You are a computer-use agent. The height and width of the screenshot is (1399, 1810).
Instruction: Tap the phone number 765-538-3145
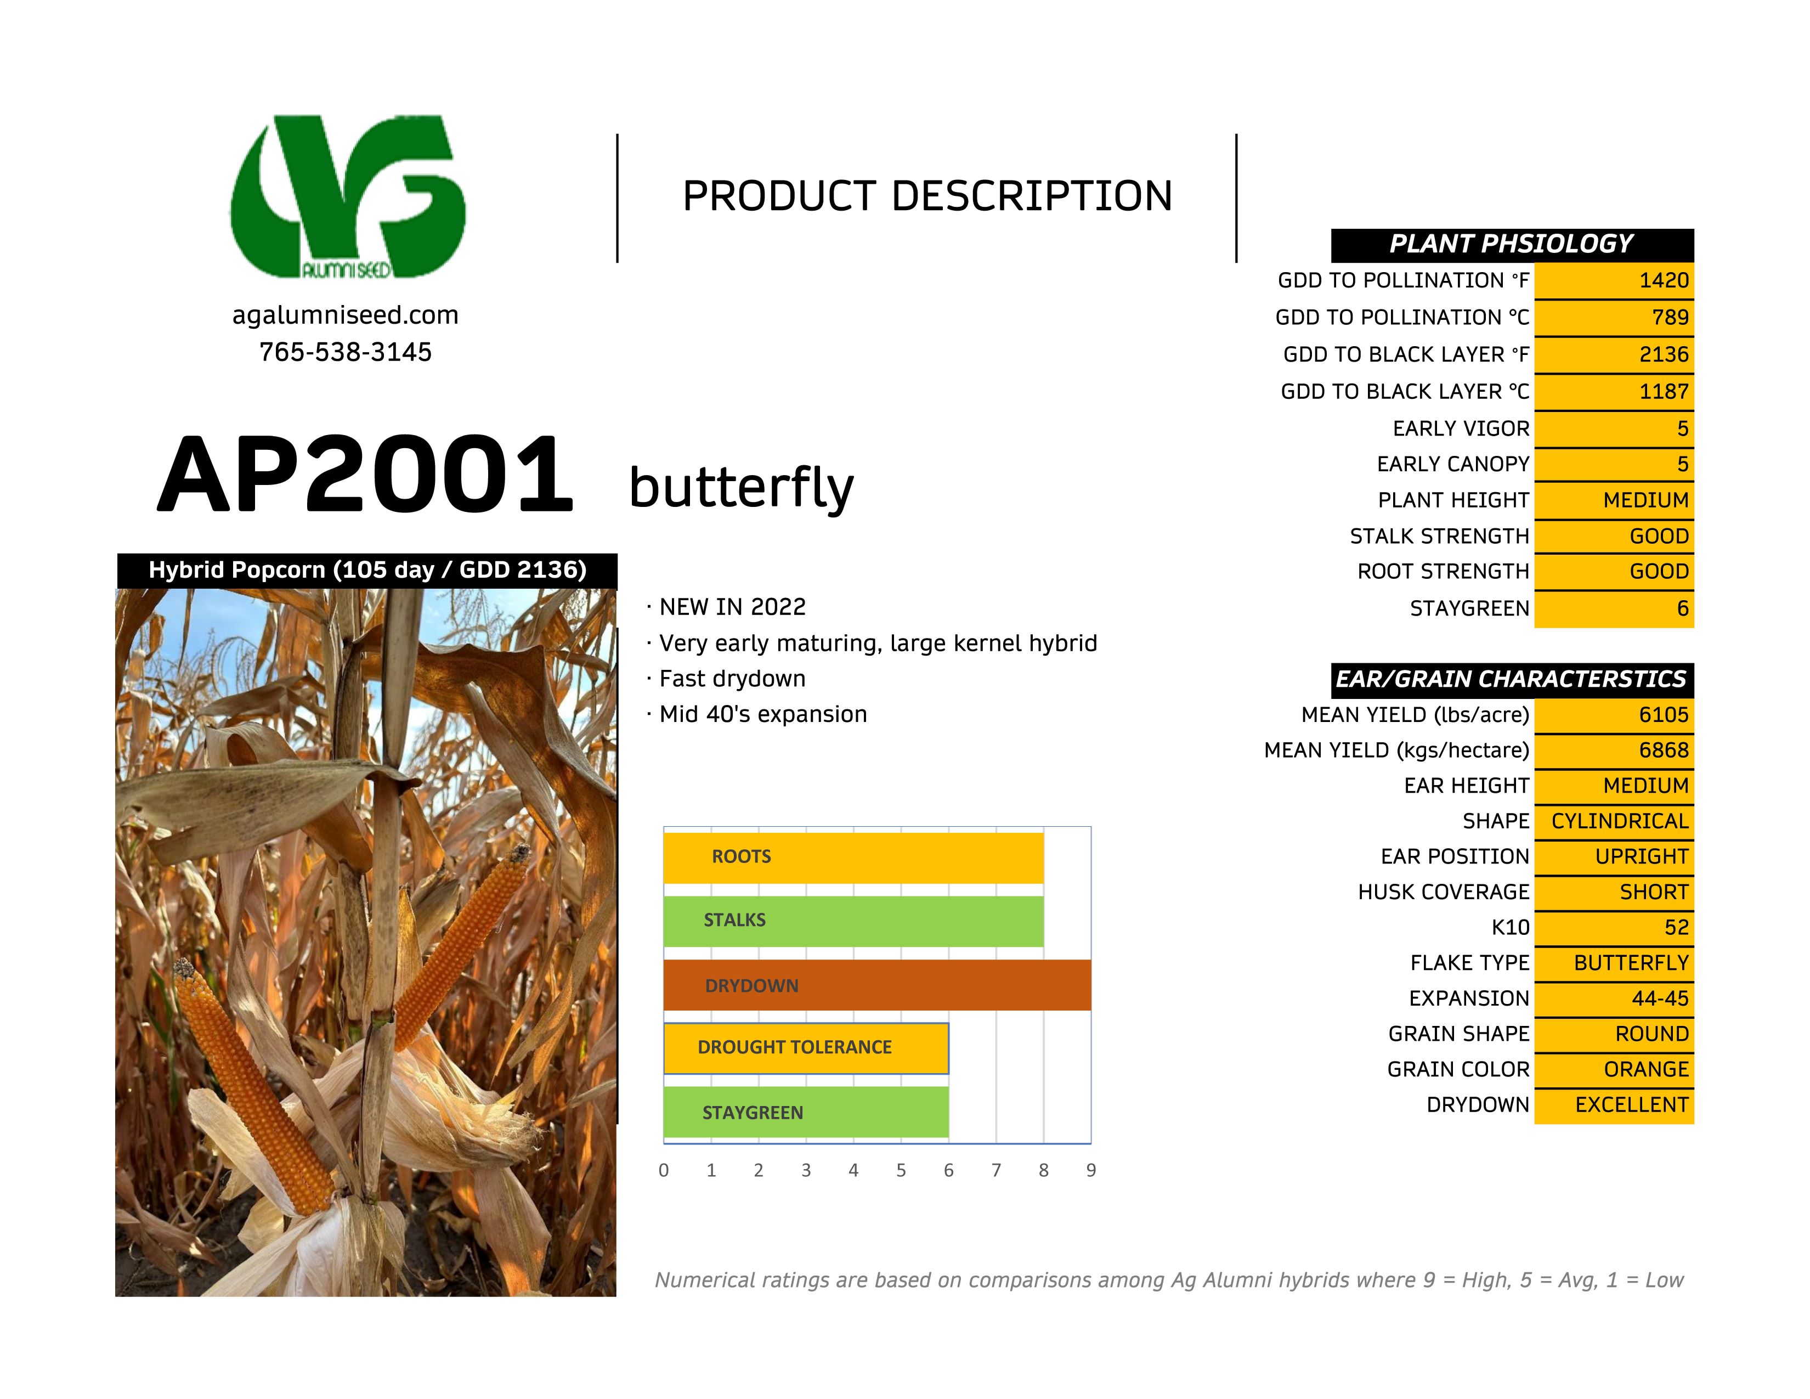[345, 352]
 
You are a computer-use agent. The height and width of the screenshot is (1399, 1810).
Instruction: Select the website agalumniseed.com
[345, 315]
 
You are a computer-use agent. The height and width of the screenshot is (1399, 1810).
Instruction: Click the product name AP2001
[365, 476]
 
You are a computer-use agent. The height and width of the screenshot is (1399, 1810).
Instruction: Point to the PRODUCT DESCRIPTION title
[926, 196]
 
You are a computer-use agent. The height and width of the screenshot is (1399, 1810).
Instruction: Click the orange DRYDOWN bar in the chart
[877, 985]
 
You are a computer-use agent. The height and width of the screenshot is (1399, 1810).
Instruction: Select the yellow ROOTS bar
[853, 856]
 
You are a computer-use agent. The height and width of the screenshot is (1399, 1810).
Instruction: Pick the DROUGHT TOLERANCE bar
[806, 1047]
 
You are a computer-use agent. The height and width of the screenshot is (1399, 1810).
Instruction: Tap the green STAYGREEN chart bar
[806, 1112]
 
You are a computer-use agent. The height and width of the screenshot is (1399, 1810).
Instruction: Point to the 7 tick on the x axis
[996, 1170]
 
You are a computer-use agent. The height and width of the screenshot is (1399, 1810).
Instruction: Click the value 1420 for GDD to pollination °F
[1664, 280]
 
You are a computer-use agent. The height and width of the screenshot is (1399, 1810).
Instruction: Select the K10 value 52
[1676, 927]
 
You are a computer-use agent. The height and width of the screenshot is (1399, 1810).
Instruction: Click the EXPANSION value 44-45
[1659, 999]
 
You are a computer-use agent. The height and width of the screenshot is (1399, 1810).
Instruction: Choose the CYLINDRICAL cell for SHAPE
[1619, 821]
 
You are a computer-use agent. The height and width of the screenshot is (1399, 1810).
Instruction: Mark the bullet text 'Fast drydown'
[732, 679]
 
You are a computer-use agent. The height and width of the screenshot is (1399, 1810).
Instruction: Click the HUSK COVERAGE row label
[1443, 892]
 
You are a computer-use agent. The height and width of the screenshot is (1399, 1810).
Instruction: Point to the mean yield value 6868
[1664, 750]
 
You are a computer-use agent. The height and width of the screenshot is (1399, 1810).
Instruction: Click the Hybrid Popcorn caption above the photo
[367, 570]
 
